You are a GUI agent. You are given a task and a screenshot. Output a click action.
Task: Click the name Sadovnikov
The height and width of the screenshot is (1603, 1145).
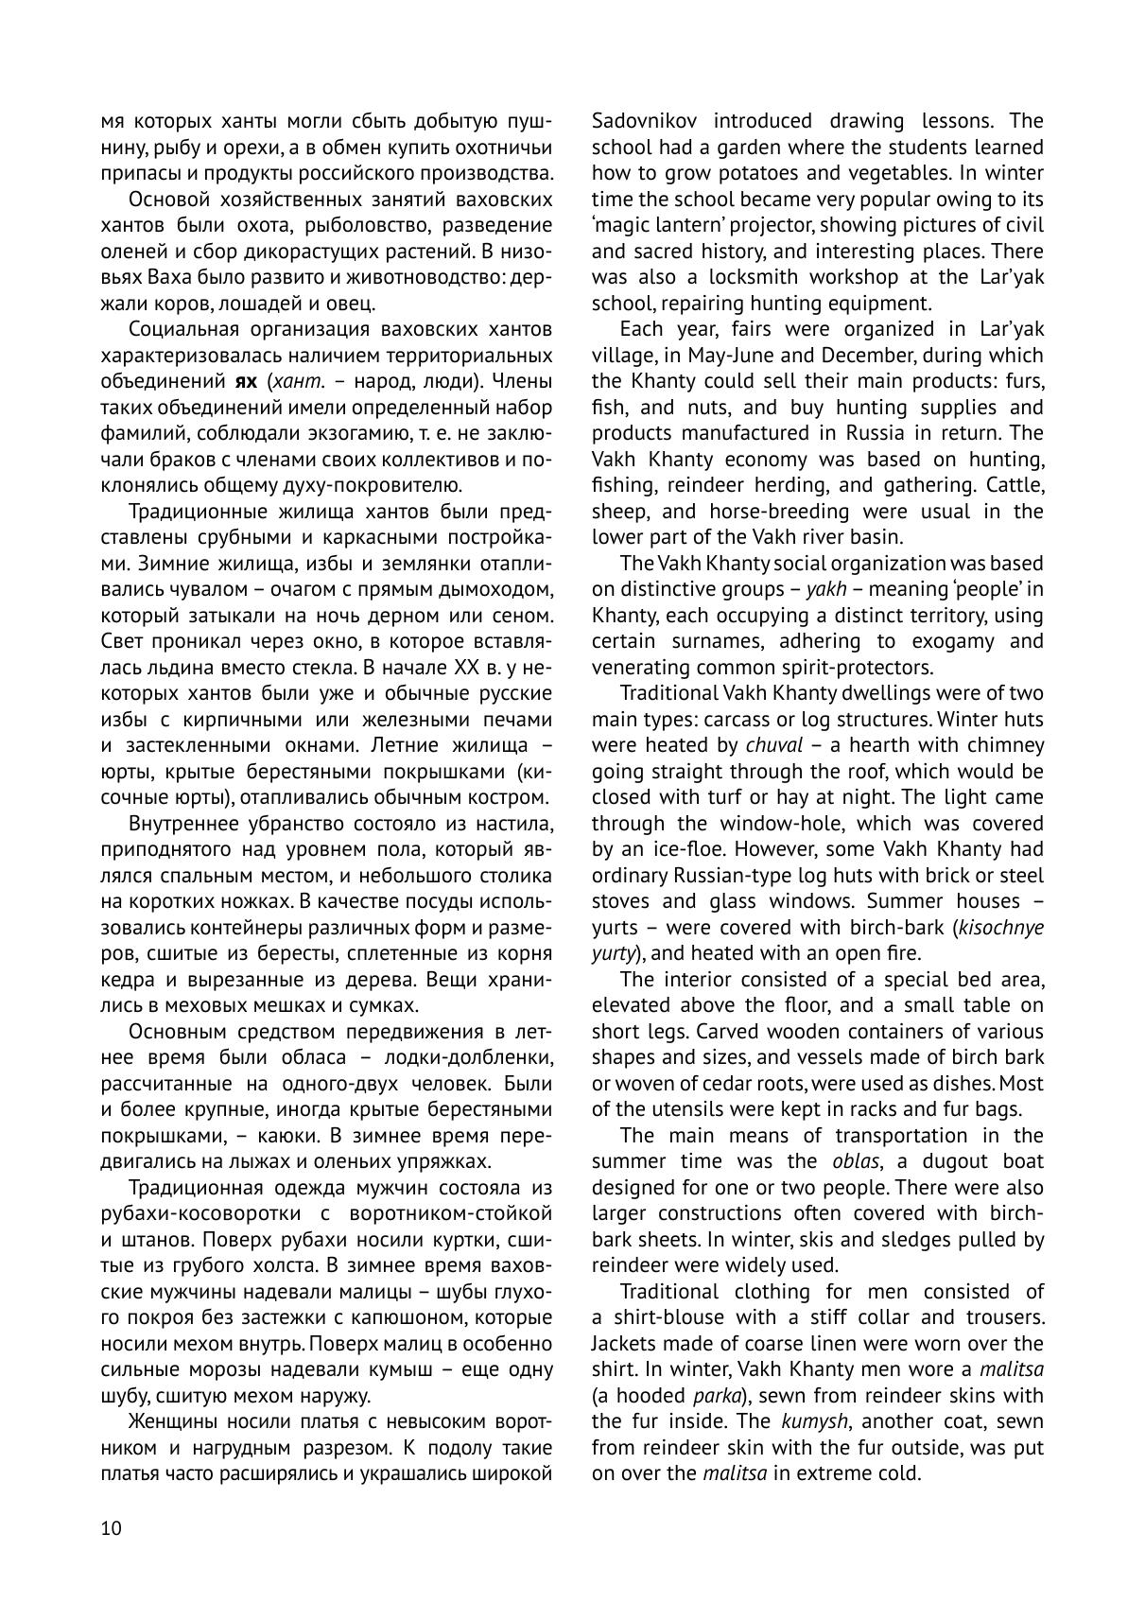651,121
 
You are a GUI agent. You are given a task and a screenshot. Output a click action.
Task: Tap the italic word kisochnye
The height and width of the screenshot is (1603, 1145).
1001,927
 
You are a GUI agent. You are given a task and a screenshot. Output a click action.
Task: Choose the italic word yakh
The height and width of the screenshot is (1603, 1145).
825,589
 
